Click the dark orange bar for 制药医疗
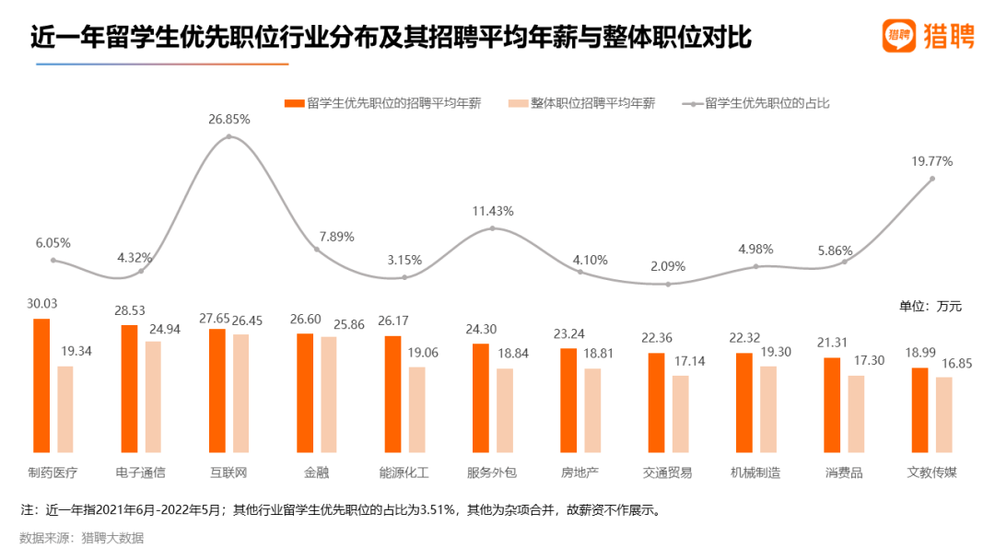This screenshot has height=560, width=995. [41, 385]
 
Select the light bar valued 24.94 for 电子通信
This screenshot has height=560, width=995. [153, 397]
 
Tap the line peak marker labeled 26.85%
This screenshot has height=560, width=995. [228, 137]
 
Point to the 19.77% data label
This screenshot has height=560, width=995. [932, 161]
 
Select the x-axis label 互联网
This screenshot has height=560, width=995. [228, 472]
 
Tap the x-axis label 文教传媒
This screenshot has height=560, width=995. [932, 472]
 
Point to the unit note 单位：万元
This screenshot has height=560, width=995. [931, 307]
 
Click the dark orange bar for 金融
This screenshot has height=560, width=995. [305, 392]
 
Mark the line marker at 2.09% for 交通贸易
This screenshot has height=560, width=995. [669, 284]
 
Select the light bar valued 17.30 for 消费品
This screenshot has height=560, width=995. [857, 414]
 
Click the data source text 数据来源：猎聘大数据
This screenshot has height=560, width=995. [82, 538]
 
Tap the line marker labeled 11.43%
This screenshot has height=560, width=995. [493, 227]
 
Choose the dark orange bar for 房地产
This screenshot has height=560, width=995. [568, 401]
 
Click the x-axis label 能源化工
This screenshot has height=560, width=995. [404, 472]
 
